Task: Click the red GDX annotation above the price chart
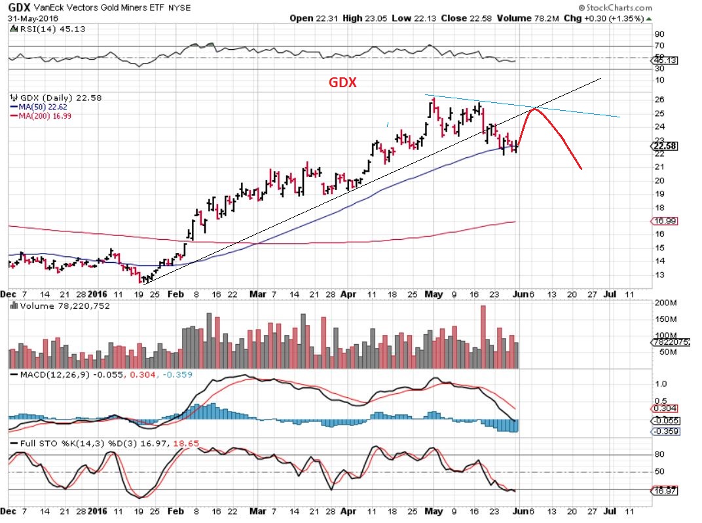342,84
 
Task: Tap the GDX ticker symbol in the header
17,8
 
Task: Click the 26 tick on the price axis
660,100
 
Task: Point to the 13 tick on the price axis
660,275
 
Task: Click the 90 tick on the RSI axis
660,34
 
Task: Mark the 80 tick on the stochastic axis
660,454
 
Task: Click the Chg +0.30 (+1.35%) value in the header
615,18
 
